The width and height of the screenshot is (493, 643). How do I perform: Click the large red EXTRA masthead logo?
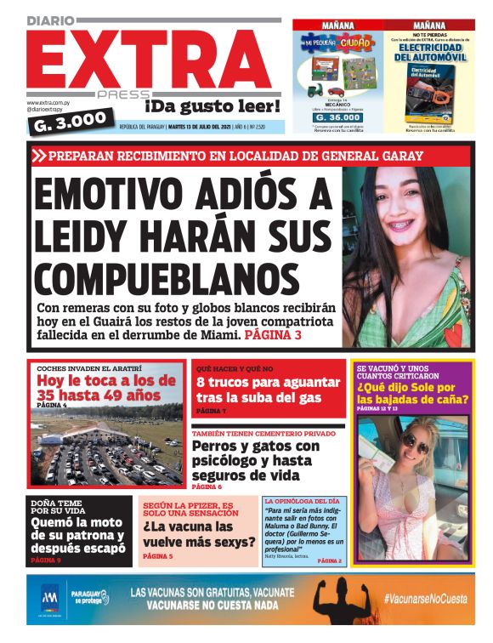149,58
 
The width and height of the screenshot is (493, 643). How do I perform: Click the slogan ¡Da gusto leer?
212,106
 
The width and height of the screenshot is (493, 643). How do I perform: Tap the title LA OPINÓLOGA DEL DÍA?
302,502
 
